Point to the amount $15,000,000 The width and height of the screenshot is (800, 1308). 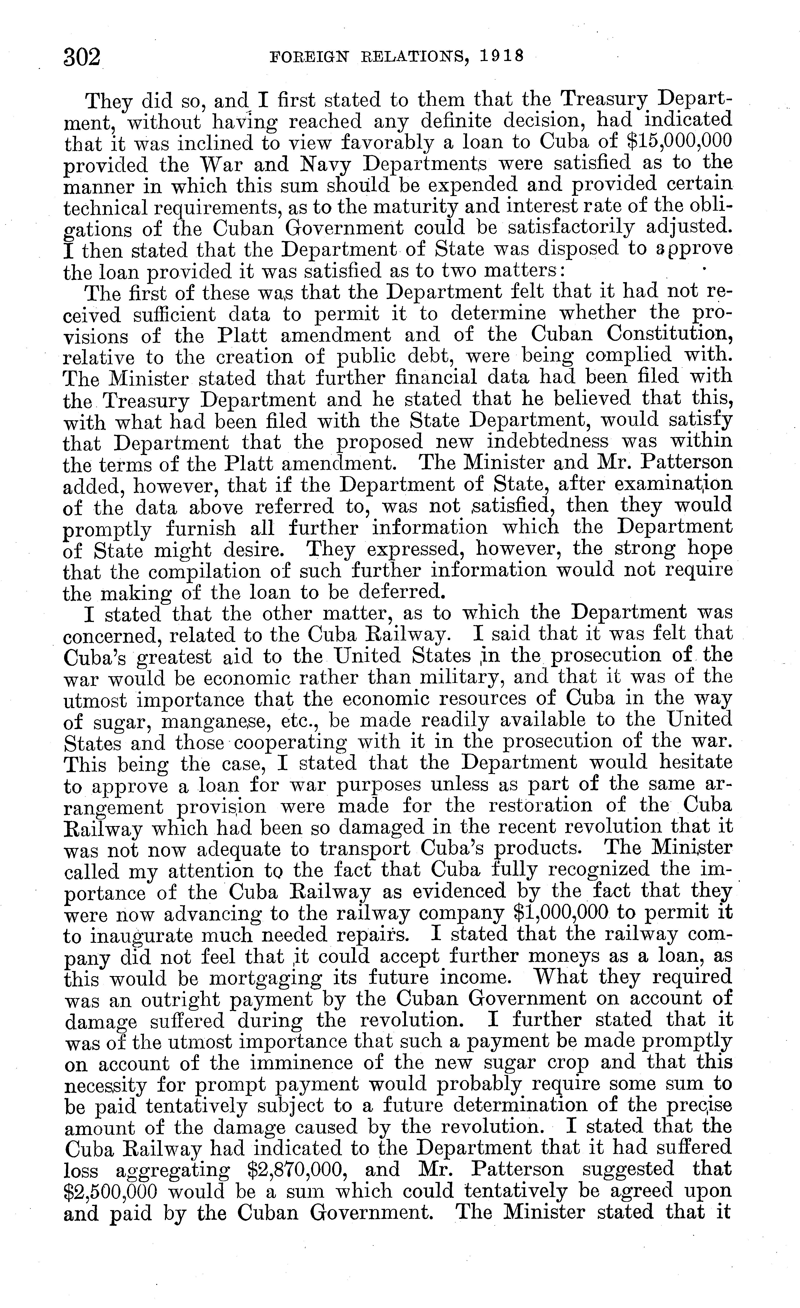click(x=672, y=141)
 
